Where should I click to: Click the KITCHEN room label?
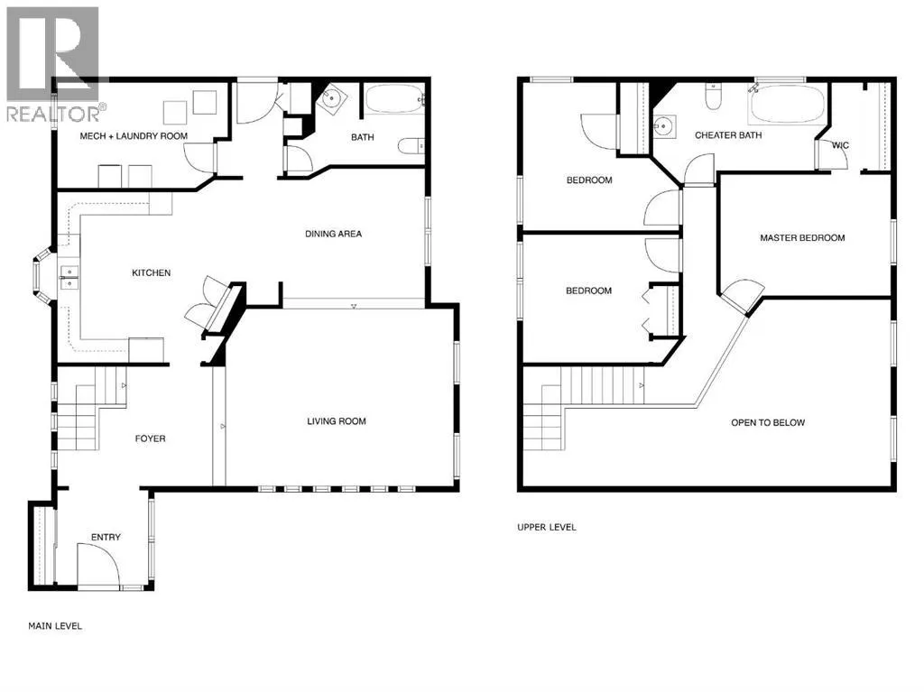point(152,272)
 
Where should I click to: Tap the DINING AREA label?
point(334,234)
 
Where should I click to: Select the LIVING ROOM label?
point(337,421)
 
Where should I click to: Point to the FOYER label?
point(151,438)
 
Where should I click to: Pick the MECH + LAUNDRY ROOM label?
point(134,136)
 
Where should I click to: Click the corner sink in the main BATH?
point(330,97)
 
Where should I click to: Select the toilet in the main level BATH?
point(411,145)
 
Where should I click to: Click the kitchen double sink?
point(69,278)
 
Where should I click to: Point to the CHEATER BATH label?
point(728,135)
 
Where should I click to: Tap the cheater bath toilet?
point(713,97)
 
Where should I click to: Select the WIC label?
point(840,145)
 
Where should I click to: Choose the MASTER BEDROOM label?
point(802,238)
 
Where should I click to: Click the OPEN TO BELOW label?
point(768,422)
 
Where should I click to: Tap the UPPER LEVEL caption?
point(547,527)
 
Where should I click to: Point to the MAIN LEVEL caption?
point(55,626)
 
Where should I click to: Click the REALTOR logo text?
point(53,114)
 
